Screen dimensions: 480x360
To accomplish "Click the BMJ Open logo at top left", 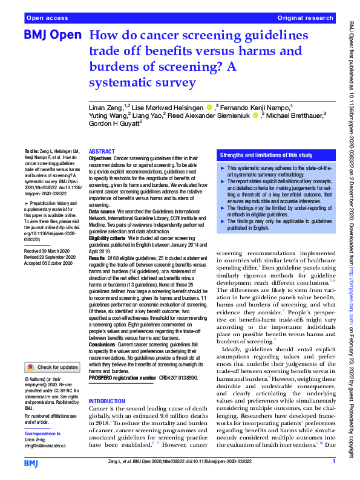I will click(52, 36).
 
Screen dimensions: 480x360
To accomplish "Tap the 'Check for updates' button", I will click(52, 367).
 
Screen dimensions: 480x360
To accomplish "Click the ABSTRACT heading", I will click(102, 152).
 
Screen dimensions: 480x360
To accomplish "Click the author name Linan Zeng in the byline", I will click(104, 107).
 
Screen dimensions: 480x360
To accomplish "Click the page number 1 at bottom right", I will click(334, 462).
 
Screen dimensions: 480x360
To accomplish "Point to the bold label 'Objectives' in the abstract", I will click(100, 158).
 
